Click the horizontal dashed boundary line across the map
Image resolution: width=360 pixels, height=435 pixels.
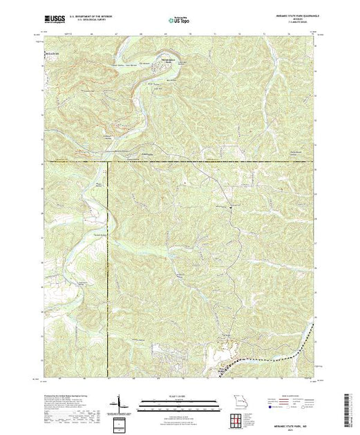pos(207,163)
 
